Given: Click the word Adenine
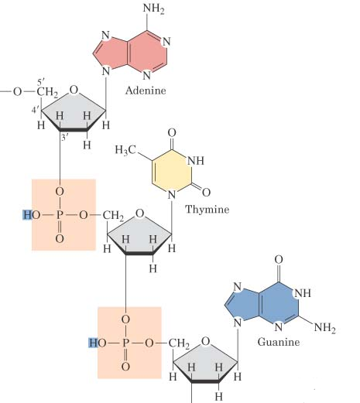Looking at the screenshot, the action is click(146, 91).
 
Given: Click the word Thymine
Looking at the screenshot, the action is click(207, 209).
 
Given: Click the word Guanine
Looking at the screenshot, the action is click(279, 342).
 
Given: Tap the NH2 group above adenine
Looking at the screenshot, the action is click(154, 9).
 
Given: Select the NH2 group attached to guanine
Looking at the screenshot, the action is click(325, 328).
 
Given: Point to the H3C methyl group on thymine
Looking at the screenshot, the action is click(125, 149).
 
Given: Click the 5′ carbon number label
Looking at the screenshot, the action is click(41, 82).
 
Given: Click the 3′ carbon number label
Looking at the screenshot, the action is click(64, 137).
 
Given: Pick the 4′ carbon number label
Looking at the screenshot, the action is click(35, 111).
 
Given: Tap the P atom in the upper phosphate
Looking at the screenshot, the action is click(60, 215).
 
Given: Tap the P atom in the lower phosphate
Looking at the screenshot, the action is click(125, 343).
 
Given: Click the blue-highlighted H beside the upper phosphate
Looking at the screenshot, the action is click(27, 215).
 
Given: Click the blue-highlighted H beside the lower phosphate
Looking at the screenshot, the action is click(93, 343).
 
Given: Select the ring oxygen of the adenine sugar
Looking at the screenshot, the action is click(74, 90).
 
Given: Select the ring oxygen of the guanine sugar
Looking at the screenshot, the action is click(205, 341).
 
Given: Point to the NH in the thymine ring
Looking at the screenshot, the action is click(195, 161).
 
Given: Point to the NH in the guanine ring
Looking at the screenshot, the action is click(303, 293).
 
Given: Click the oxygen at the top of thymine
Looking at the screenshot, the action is click(172, 133).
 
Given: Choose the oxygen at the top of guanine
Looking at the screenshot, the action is click(279, 260).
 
